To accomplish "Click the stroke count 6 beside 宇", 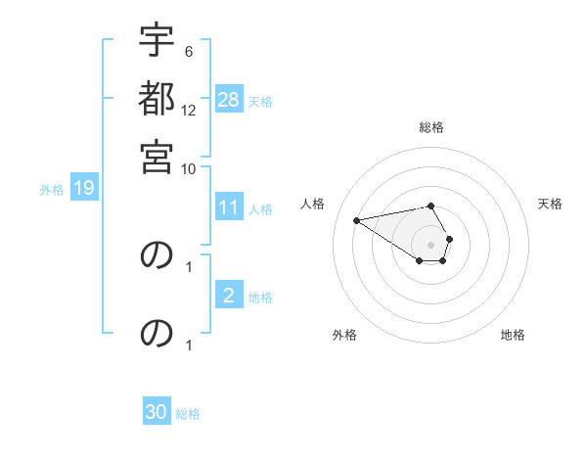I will click(189, 52).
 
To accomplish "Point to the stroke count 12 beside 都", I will click(190, 110).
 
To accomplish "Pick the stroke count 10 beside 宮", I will click(189, 167).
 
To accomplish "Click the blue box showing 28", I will click(229, 100).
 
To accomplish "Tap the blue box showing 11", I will click(229, 207).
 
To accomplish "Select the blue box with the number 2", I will click(229, 296).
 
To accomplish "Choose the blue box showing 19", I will click(83, 188).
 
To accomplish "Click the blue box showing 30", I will click(157, 412).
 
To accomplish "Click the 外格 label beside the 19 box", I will click(52, 189).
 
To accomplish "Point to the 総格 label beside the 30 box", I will click(188, 413).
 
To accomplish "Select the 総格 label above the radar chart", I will click(430, 127).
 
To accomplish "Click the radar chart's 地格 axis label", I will click(513, 335).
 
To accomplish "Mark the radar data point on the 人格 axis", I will click(357, 219).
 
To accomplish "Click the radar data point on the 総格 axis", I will click(430, 206).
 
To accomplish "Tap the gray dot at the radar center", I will click(430, 244).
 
